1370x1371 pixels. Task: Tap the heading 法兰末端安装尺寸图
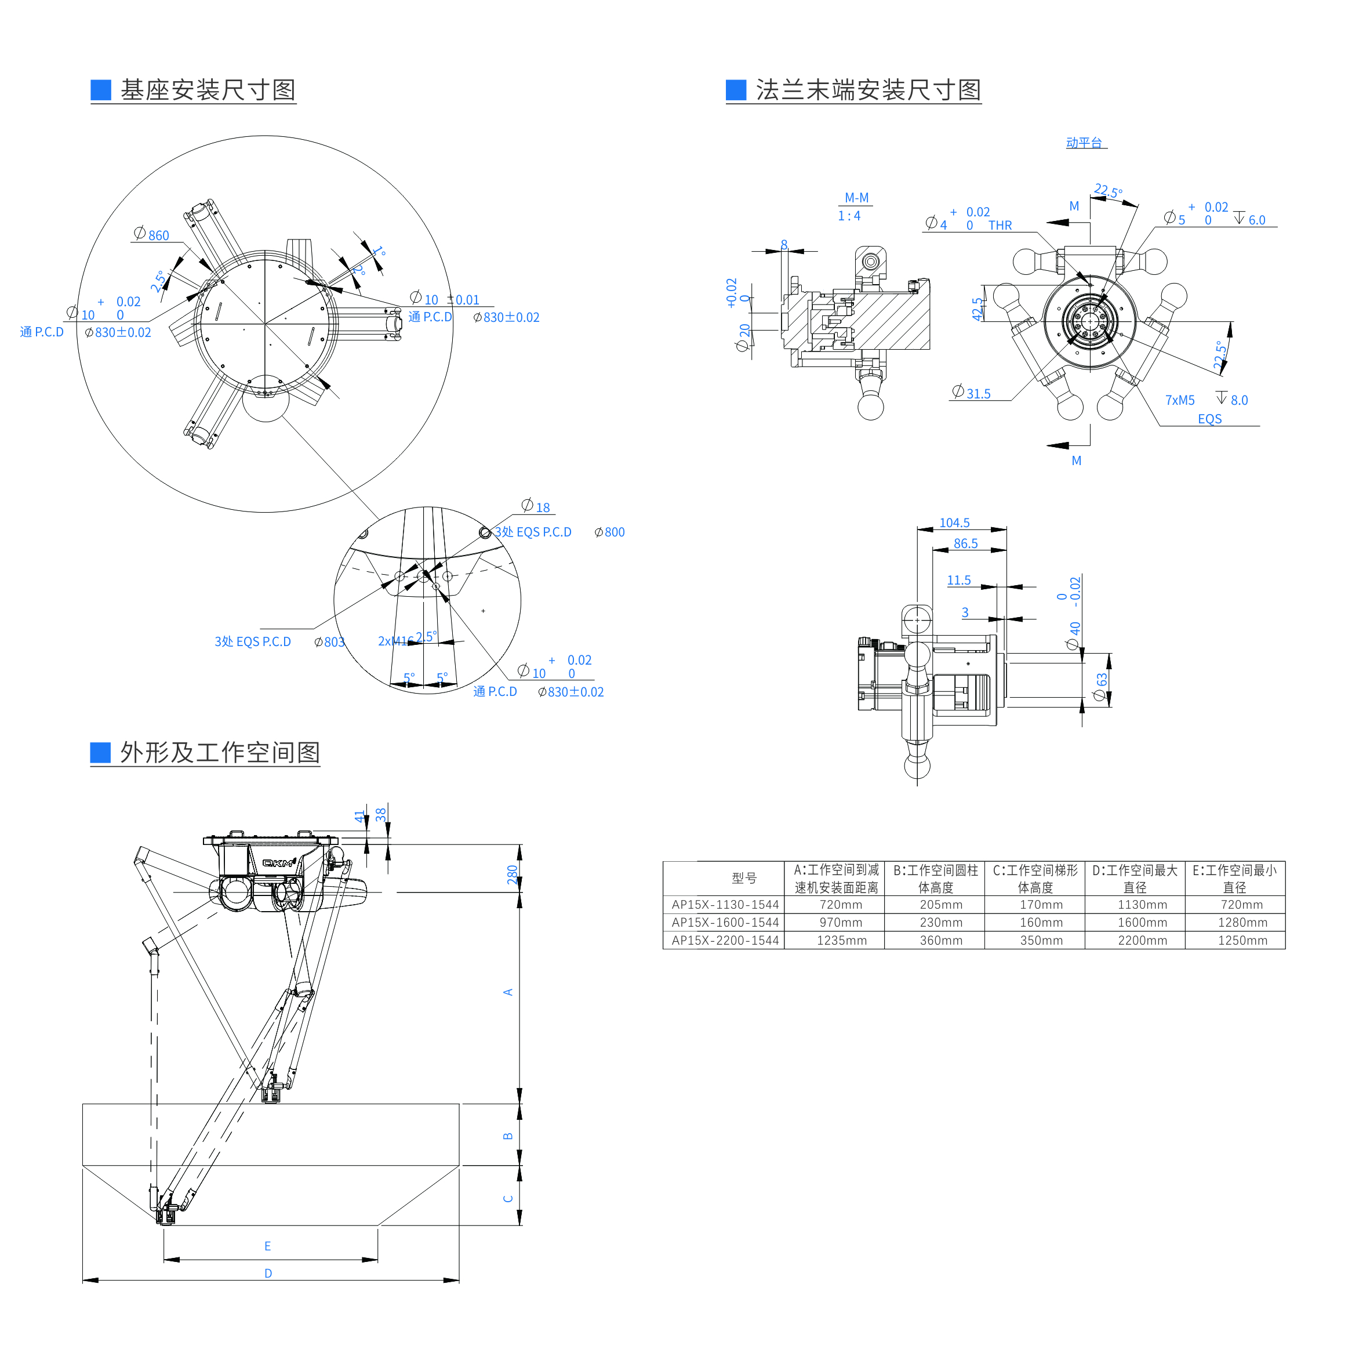click(x=868, y=90)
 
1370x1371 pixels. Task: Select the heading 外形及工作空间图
click(x=219, y=752)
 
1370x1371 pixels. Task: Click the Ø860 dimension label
click(x=152, y=235)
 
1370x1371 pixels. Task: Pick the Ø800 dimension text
click(x=609, y=532)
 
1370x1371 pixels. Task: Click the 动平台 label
click(x=1084, y=143)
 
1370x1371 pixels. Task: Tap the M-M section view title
click(x=856, y=198)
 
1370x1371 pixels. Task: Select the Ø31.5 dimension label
click(x=971, y=393)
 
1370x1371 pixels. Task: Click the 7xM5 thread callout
click(x=1180, y=400)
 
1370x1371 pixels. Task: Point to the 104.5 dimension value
click(x=954, y=523)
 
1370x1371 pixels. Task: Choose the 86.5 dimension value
click(x=965, y=543)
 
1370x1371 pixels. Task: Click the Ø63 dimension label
click(x=1100, y=687)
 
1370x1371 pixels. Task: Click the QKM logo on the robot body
click(x=279, y=863)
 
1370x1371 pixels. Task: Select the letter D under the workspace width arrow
click(x=268, y=1273)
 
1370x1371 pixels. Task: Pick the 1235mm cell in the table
click(x=841, y=940)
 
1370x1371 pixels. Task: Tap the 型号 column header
click(x=744, y=878)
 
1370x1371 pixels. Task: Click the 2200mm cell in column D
click(x=1142, y=940)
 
